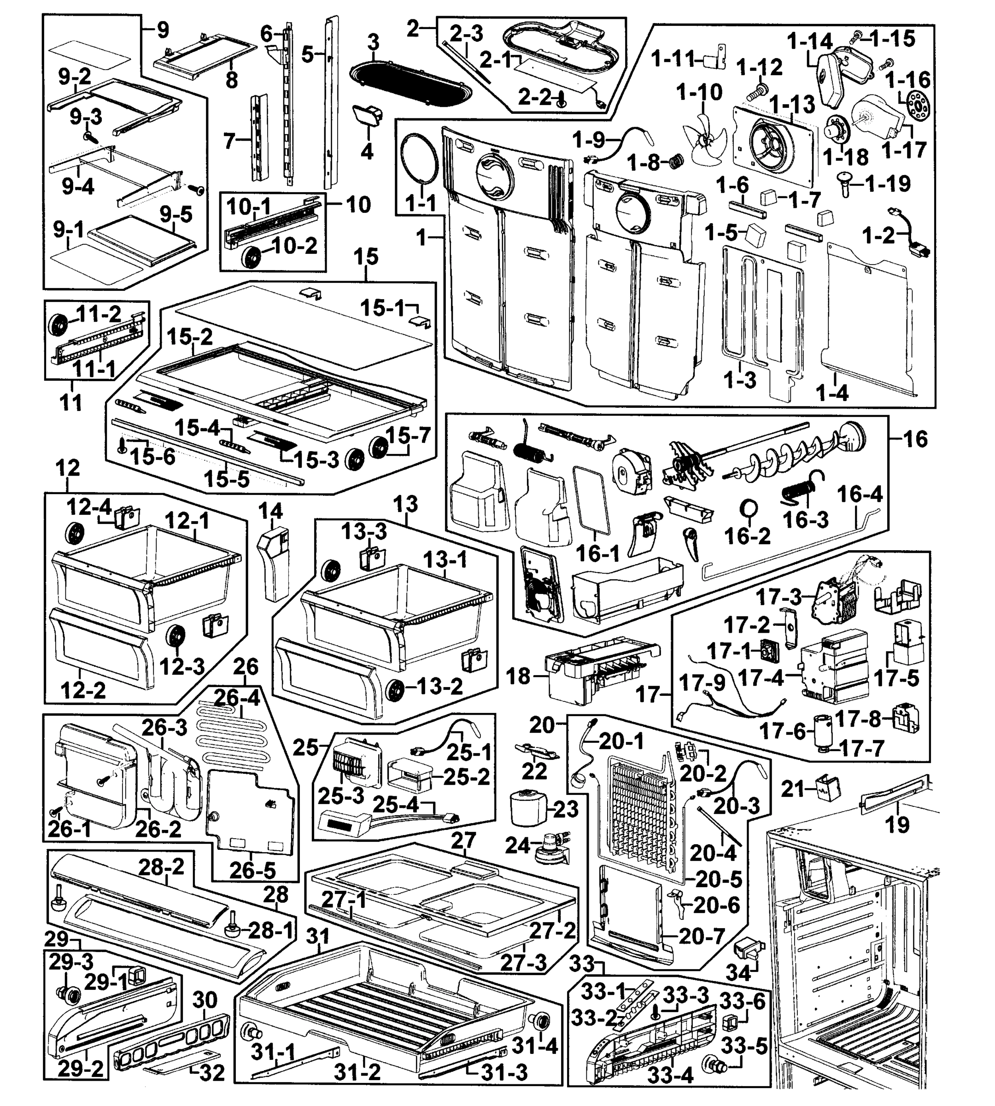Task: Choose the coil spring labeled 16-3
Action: pyautogui.click(x=799, y=486)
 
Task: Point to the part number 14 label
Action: pyautogui.click(x=270, y=511)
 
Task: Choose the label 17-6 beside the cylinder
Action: pyautogui.click(x=782, y=730)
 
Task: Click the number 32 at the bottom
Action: pyautogui.click(x=211, y=1073)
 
